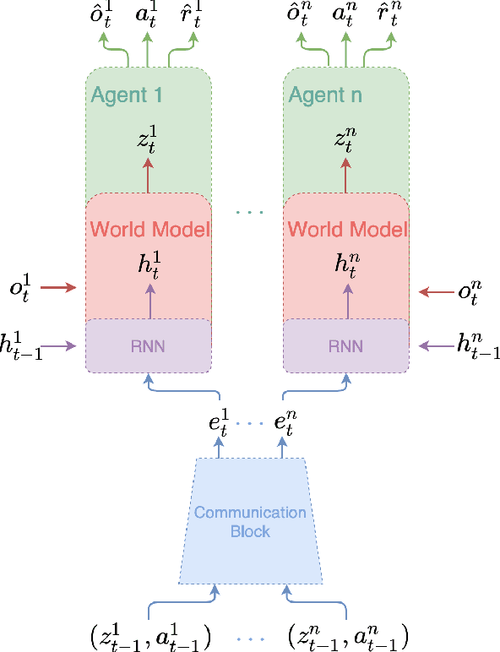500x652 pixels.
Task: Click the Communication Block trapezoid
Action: [250, 522]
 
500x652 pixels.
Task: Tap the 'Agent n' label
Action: [325, 95]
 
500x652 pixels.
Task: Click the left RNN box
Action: [148, 345]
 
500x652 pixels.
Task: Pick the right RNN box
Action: [345, 345]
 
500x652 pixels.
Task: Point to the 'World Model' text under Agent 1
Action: [149, 229]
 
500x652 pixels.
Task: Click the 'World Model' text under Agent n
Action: [346, 229]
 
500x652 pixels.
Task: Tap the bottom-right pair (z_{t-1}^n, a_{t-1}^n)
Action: [348, 634]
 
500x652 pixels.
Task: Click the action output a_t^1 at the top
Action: [149, 17]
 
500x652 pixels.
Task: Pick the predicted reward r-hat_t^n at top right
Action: [384, 17]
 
